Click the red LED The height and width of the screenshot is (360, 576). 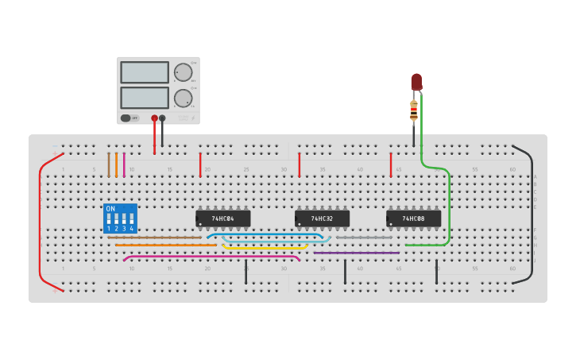pos(416,81)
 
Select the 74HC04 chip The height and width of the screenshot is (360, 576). pos(223,218)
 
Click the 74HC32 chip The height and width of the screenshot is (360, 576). pos(322,218)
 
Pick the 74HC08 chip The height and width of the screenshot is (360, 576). pos(413,218)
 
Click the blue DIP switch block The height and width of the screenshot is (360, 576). pos(120,219)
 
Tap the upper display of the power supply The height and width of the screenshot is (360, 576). pos(145,72)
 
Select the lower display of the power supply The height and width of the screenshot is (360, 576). pos(145,98)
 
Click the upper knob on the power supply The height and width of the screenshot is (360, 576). pos(184,72)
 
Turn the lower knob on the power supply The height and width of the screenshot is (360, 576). pos(183,98)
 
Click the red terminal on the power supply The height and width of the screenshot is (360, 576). pos(154,118)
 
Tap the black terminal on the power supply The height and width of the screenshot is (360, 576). pos(162,118)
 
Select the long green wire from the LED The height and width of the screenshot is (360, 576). pos(450,207)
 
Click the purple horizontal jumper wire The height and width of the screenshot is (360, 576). pos(357,253)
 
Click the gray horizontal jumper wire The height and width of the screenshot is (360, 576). pos(364,237)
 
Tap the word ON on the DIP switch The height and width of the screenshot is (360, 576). pos(110,208)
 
